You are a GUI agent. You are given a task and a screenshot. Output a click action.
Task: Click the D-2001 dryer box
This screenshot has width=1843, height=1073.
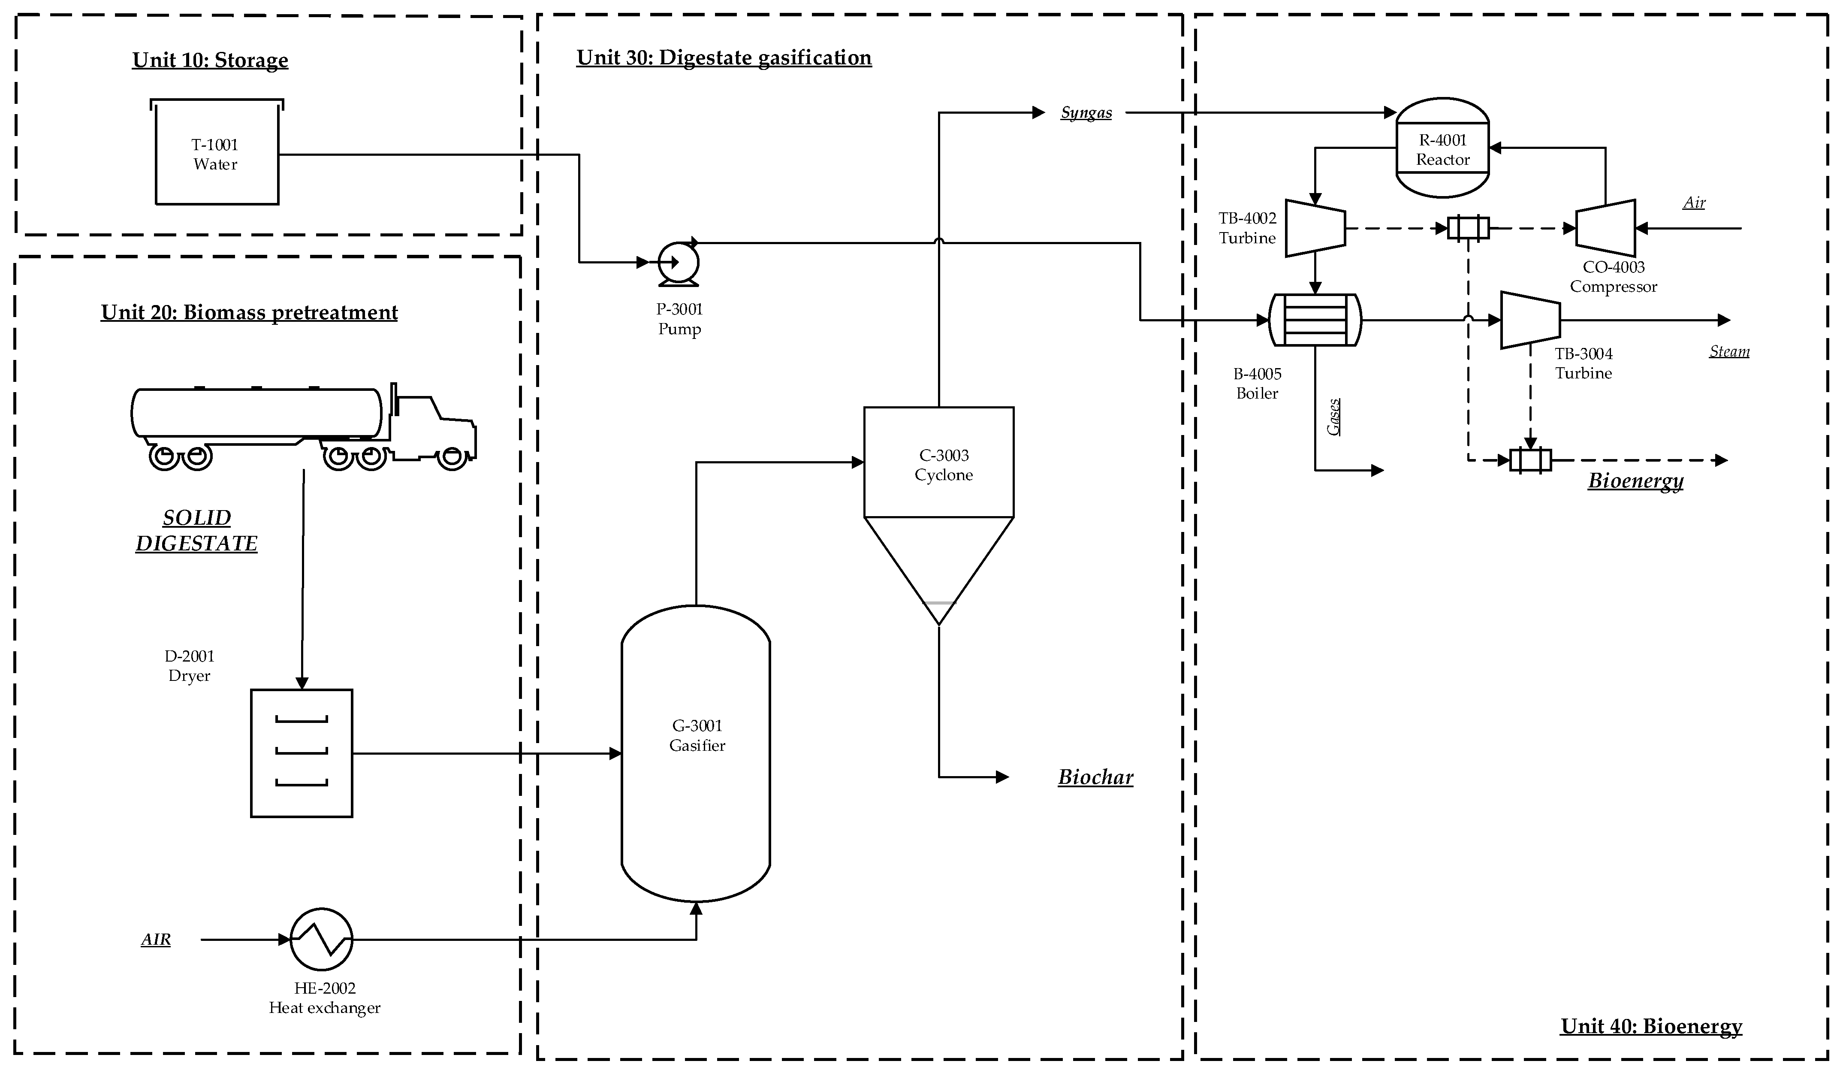pos(302,753)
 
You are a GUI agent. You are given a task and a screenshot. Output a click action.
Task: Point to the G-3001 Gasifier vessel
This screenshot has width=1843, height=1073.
pos(696,753)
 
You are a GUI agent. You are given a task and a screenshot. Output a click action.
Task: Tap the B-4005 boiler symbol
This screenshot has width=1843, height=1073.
pos(1315,320)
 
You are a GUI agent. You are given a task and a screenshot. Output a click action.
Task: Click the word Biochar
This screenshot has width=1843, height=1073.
pos(1095,777)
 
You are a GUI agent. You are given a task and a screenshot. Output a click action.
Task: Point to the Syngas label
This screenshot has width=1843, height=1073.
pos(1086,113)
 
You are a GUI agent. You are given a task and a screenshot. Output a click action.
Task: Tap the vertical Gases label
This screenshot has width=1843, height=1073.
pos(1334,417)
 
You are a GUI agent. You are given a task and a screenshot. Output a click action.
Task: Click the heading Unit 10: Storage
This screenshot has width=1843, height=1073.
pos(210,60)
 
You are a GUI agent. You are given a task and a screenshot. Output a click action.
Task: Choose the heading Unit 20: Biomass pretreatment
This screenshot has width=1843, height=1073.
pos(249,312)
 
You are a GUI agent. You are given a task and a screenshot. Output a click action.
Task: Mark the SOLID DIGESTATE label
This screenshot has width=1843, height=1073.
pos(197,530)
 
